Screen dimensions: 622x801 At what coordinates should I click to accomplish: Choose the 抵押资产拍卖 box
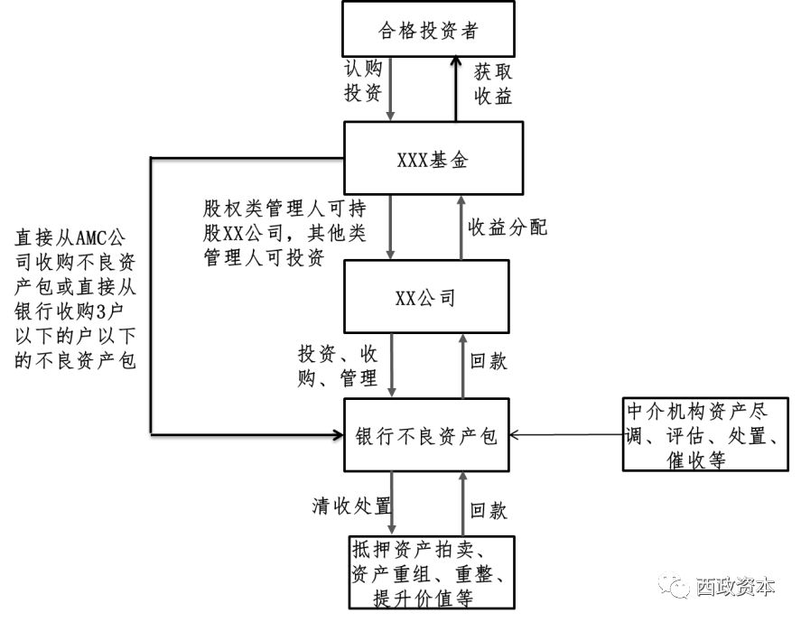pos(432,572)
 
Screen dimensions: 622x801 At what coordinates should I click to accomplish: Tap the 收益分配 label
pos(507,227)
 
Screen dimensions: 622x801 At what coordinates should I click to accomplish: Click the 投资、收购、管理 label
pos(338,365)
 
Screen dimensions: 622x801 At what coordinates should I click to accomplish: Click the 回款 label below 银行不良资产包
pos(489,511)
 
